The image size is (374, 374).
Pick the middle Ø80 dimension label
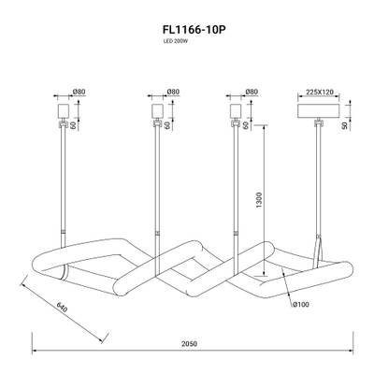tap(172, 92)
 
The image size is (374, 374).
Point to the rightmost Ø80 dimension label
tap(250, 92)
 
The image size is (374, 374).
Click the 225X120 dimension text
tap(319, 92)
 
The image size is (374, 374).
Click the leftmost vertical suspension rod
tap(65, 187)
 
